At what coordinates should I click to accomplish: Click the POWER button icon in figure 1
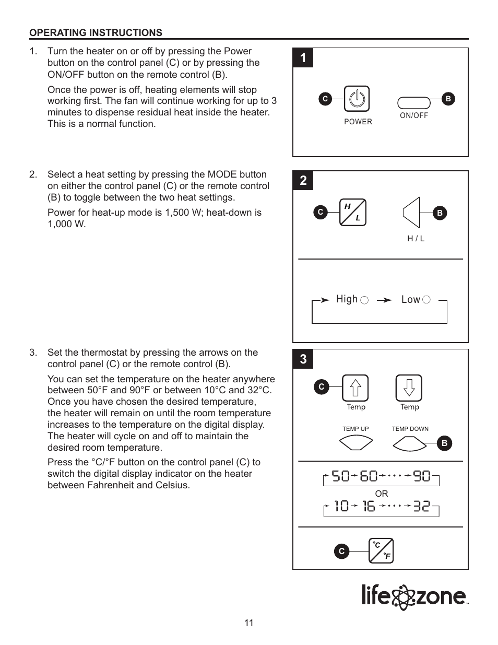[357, 99]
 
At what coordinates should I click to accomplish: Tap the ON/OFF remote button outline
[413, 103]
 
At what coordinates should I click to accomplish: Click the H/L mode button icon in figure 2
[352, 212]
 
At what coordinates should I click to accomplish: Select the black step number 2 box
[303, 181]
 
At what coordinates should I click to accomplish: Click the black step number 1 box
[303, 58]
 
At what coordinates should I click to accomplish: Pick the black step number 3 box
[303, 359]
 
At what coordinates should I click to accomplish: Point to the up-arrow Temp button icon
[355, 388]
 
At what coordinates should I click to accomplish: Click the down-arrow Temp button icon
[409, 388]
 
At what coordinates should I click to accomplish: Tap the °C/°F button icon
[381, 551]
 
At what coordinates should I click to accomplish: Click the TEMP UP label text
[355, 429]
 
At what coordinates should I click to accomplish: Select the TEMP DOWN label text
[410, 429]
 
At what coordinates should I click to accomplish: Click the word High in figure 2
[347, 299]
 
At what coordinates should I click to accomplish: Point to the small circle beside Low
[426, 299]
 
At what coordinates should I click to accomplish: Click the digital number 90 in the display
[422, 476]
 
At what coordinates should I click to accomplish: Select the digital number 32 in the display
[422, 506]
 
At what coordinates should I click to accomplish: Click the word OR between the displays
[381, 494]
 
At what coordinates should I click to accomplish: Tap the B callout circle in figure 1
[447, 99]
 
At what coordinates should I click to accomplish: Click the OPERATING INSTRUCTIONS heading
[96, 33]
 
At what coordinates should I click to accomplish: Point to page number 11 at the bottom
[249, 623]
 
